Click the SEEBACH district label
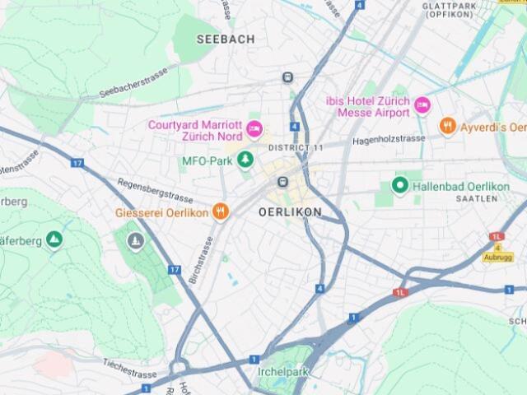(226, 39)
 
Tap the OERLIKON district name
(290, 212)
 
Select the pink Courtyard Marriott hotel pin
(254, 128)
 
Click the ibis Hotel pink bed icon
(422, 105)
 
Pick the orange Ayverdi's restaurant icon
(448, 126)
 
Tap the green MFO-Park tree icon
(245, 159)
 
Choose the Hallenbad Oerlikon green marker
(400, 185)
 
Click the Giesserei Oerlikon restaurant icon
(220, 211)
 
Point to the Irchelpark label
(282, 373)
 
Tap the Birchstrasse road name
(200, 261)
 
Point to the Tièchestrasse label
(130, 367)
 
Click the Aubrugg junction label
(498, 257)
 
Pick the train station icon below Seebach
(287, 77)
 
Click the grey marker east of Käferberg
(136, 241)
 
